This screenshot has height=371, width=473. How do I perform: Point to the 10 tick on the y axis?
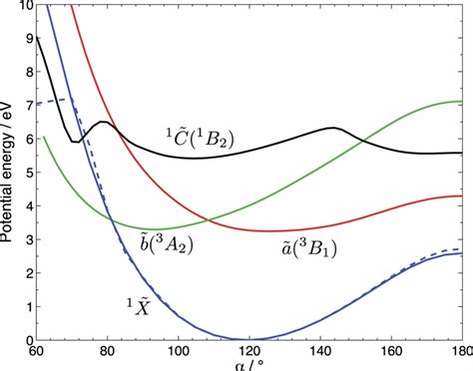(x=22, y=6)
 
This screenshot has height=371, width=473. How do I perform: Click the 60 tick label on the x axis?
(x=36, y=352)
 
